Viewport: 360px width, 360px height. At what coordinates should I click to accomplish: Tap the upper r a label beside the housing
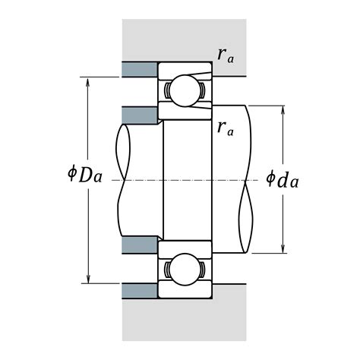point(225,54)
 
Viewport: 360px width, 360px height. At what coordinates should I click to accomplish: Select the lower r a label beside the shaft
point(225,127)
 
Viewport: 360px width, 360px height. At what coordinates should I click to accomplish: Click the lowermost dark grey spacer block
point(139,292)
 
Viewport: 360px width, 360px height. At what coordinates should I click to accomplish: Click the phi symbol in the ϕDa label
point(71,176)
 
